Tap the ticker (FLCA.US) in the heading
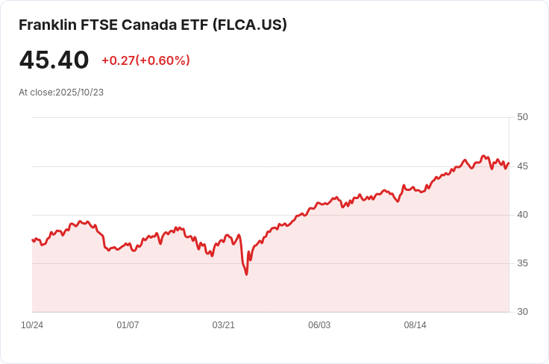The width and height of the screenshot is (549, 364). [x=250, y=25]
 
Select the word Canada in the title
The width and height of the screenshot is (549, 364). [x=154, y=25]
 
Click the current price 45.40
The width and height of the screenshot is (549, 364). [x=54, y=60]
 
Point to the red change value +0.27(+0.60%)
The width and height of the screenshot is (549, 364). [x=145, y=60]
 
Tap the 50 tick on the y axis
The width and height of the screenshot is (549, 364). [x=522, y=117]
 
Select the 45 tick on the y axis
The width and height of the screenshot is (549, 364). [x=522, y=166]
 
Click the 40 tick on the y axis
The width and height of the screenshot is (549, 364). [x=522, y=215]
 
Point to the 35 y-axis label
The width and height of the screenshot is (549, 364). [x=522, y=263]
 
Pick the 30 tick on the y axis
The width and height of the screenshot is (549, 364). [x=522, y=312]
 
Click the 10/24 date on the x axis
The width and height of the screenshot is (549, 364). [x=32, y=325]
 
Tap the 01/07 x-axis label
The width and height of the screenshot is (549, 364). [x=128, y=325]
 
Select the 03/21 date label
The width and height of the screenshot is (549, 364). [x=224, y=325]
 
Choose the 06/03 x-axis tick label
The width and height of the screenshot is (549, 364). [x=319, y=325]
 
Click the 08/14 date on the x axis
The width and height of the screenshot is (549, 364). [x=415, y=325]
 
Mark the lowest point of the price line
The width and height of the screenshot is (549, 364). [x=246, y=274]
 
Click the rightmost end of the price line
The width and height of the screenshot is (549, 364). [x=509, y=163]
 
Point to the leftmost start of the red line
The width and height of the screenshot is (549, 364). [x=32, y=239]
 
